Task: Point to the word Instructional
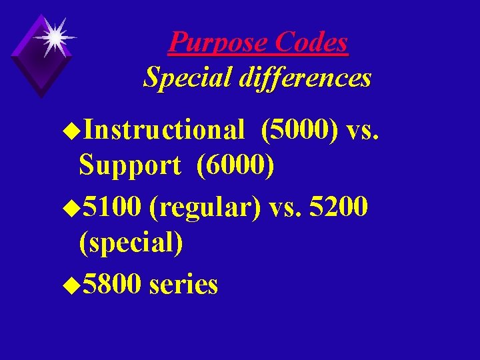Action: click(x=165, y=131)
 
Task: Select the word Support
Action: click(x=129, y=166)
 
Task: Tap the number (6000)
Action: click(x=235, y=166)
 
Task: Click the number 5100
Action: click(x=112, y=207)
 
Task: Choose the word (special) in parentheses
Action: click(x=131, y=243)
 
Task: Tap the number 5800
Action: click(x=112, y=285)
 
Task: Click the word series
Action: click(x=184, y=285)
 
